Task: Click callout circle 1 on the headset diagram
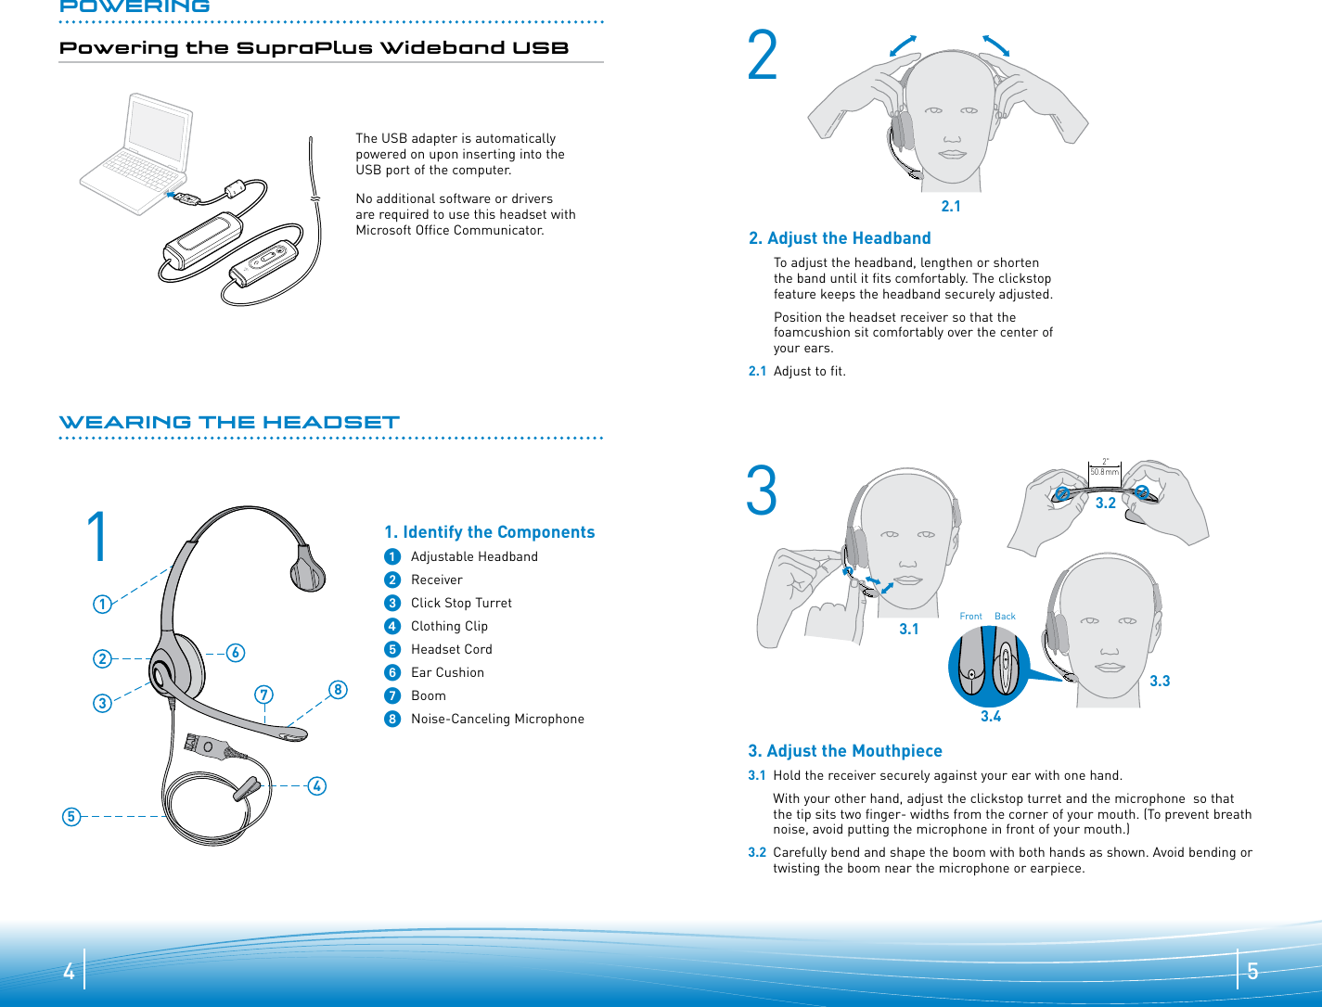point(102,605)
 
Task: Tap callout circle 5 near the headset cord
point(71,817)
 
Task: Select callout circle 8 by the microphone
point(338,689)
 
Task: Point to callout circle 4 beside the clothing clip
point(316,786)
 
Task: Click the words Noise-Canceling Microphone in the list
point(497,719)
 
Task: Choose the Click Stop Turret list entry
point(461,603)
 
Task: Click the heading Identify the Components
point(489,532)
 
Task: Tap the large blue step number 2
point(763,57)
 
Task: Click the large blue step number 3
point(762,492)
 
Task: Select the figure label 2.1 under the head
point(951,207)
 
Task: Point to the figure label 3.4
point(991,717)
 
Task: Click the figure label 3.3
point(1160,682)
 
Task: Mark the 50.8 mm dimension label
point(1104,472)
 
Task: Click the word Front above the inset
point(970,617)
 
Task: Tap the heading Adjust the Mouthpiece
point(845,751)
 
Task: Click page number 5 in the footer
point(1252,971)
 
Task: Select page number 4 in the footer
point(69,971)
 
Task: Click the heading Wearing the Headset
point(229,422)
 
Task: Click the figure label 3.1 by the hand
point(908,630)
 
